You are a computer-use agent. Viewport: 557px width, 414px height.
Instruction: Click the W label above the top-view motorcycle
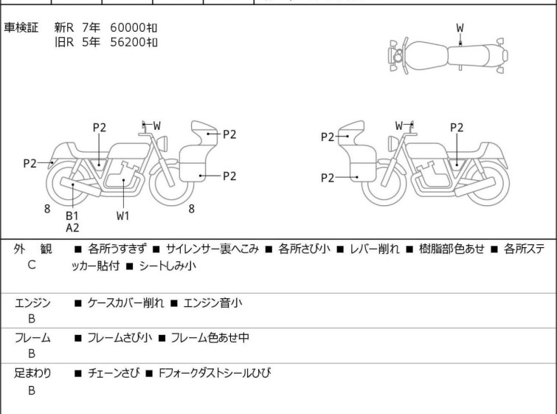[x=460, y=28]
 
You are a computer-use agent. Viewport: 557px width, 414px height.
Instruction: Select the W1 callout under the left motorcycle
[x=122, y=216]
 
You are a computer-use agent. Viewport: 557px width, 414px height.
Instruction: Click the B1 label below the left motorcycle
[x=72, y=215]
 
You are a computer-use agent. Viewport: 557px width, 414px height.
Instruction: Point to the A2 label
[x=72, y=228]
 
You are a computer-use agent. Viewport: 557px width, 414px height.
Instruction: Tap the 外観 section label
[x=32, y=249]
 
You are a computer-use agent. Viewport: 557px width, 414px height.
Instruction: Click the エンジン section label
[x=32, y=303]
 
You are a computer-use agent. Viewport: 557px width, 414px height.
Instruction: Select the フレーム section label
[x=32, y=338]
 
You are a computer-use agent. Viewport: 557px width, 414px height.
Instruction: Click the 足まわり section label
[x=32, y=373]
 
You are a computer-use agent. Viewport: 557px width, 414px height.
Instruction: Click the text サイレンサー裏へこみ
[x=212, y=249]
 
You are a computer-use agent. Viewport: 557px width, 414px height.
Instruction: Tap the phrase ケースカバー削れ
[x=123, y=303]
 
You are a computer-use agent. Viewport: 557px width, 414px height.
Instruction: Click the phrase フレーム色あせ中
[x=210, y=338]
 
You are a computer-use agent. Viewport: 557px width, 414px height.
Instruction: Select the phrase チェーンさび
[x=112, y=373]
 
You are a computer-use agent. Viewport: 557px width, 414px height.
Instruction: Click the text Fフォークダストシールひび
[x=215, y=373]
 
